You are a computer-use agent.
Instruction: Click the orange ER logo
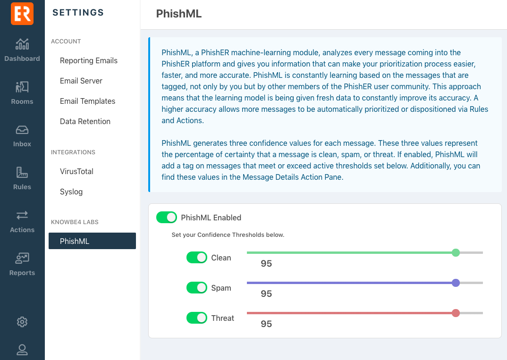click(22, 13)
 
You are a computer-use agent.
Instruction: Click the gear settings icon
click(22, 322)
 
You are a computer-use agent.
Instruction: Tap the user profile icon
click(22, 350)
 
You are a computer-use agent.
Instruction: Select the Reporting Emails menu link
click(89, 60)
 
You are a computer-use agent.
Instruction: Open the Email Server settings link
click(81, 81)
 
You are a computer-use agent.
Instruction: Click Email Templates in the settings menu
click(88, 101)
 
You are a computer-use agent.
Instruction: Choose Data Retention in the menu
click(85, 121)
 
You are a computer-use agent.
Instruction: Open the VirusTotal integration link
click(76, 171)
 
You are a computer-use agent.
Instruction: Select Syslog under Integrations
click(71, 192)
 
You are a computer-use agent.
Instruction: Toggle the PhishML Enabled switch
click(167, 218)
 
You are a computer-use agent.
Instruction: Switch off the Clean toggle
click(197, 258)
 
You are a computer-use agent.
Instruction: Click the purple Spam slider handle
click(456, 283)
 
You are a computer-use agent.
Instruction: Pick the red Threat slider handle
click(456, 313)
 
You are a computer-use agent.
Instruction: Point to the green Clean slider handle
click(456, 253)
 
